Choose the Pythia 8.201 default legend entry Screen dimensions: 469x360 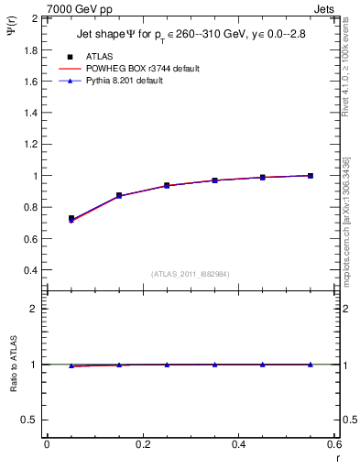coord(137,81)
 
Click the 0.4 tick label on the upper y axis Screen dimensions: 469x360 coord(30,270)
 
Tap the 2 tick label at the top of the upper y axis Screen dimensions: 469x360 coord(35,18)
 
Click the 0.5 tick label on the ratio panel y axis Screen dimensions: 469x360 coord(30,420)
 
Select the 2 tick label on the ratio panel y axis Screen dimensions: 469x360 coord(35,309)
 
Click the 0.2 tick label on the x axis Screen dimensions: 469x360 coord(142,444)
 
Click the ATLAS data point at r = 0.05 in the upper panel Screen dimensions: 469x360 coord(71,219)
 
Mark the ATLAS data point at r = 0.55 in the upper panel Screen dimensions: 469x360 coord(311,176)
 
